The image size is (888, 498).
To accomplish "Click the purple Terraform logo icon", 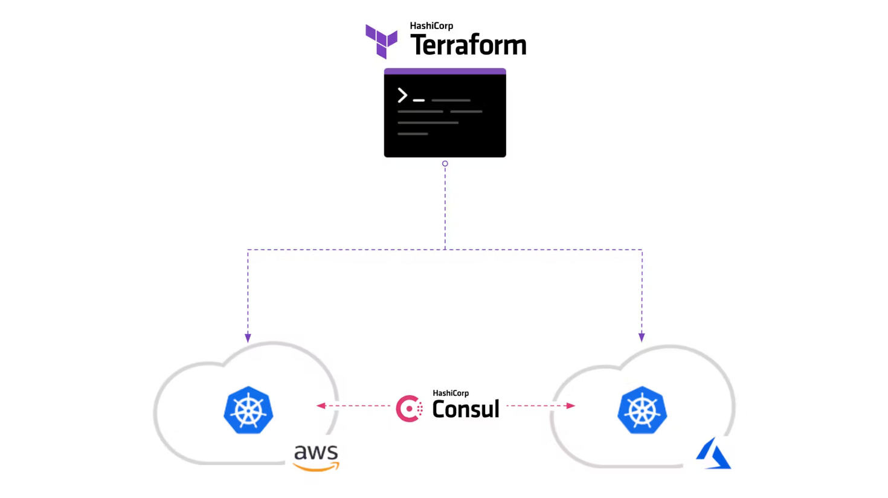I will click(381, 41).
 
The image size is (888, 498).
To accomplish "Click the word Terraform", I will click(468, 45).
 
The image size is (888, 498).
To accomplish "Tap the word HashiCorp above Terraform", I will click(431, 26).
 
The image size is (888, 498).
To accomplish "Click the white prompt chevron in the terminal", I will click(402, 95).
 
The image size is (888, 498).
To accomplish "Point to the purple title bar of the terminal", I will click(445, 71).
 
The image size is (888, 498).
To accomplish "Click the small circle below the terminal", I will click(445, 164).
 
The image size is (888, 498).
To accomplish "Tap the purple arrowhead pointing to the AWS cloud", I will click(248, 337).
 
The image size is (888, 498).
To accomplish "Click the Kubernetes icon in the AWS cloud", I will click(248, 410).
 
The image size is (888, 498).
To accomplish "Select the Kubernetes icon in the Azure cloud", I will click(642, 410).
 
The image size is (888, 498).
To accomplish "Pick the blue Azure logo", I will click(713, 454).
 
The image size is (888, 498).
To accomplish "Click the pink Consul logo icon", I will click(409, 409).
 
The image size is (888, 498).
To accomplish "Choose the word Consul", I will click(466, 409).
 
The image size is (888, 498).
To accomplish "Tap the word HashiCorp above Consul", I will click(451, 393).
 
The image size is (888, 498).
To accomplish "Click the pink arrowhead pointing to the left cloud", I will click(321, 406).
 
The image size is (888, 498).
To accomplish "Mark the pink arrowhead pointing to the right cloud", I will click(570, 406).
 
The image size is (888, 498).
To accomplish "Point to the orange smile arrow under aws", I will click(316, 467).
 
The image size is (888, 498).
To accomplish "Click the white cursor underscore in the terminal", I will click(419, 100).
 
